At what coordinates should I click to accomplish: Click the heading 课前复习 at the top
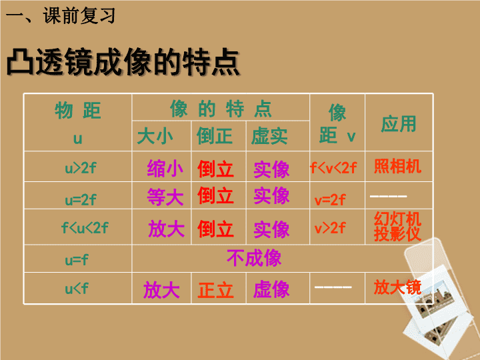click(x=79, y=15)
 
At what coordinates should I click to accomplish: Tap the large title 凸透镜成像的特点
click(x=123, y=62)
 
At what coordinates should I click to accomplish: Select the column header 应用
click(x=399, y=124)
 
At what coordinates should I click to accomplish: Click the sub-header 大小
click(x=155, y=136)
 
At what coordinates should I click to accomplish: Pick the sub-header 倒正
click(x=215, y=136)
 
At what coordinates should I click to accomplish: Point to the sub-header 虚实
click(x=269, y=136)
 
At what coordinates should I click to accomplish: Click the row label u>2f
click(x=81, y=168)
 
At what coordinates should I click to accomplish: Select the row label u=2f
click(x=81, y=200)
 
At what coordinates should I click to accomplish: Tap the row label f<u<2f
click(x=85, y=227)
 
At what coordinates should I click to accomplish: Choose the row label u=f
click(x=77, y=260)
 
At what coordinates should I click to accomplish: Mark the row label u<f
click(x=77, y=289)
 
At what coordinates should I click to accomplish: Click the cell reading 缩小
click(x=165, y=169)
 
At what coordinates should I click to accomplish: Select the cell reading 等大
click(x=165, y=197)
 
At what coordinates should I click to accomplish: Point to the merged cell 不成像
click(x=254, y=258)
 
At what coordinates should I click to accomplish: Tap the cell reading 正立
click(x=216, y=290)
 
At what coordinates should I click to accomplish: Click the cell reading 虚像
click(x=271, y=289)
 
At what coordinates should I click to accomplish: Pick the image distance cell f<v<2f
click(x=333, y=168)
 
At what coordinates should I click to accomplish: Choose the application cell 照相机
click(x=397, y=167)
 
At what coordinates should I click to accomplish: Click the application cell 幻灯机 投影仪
click(x=397, y=227)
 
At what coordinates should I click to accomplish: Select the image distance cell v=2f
click(x=330, y=200)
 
